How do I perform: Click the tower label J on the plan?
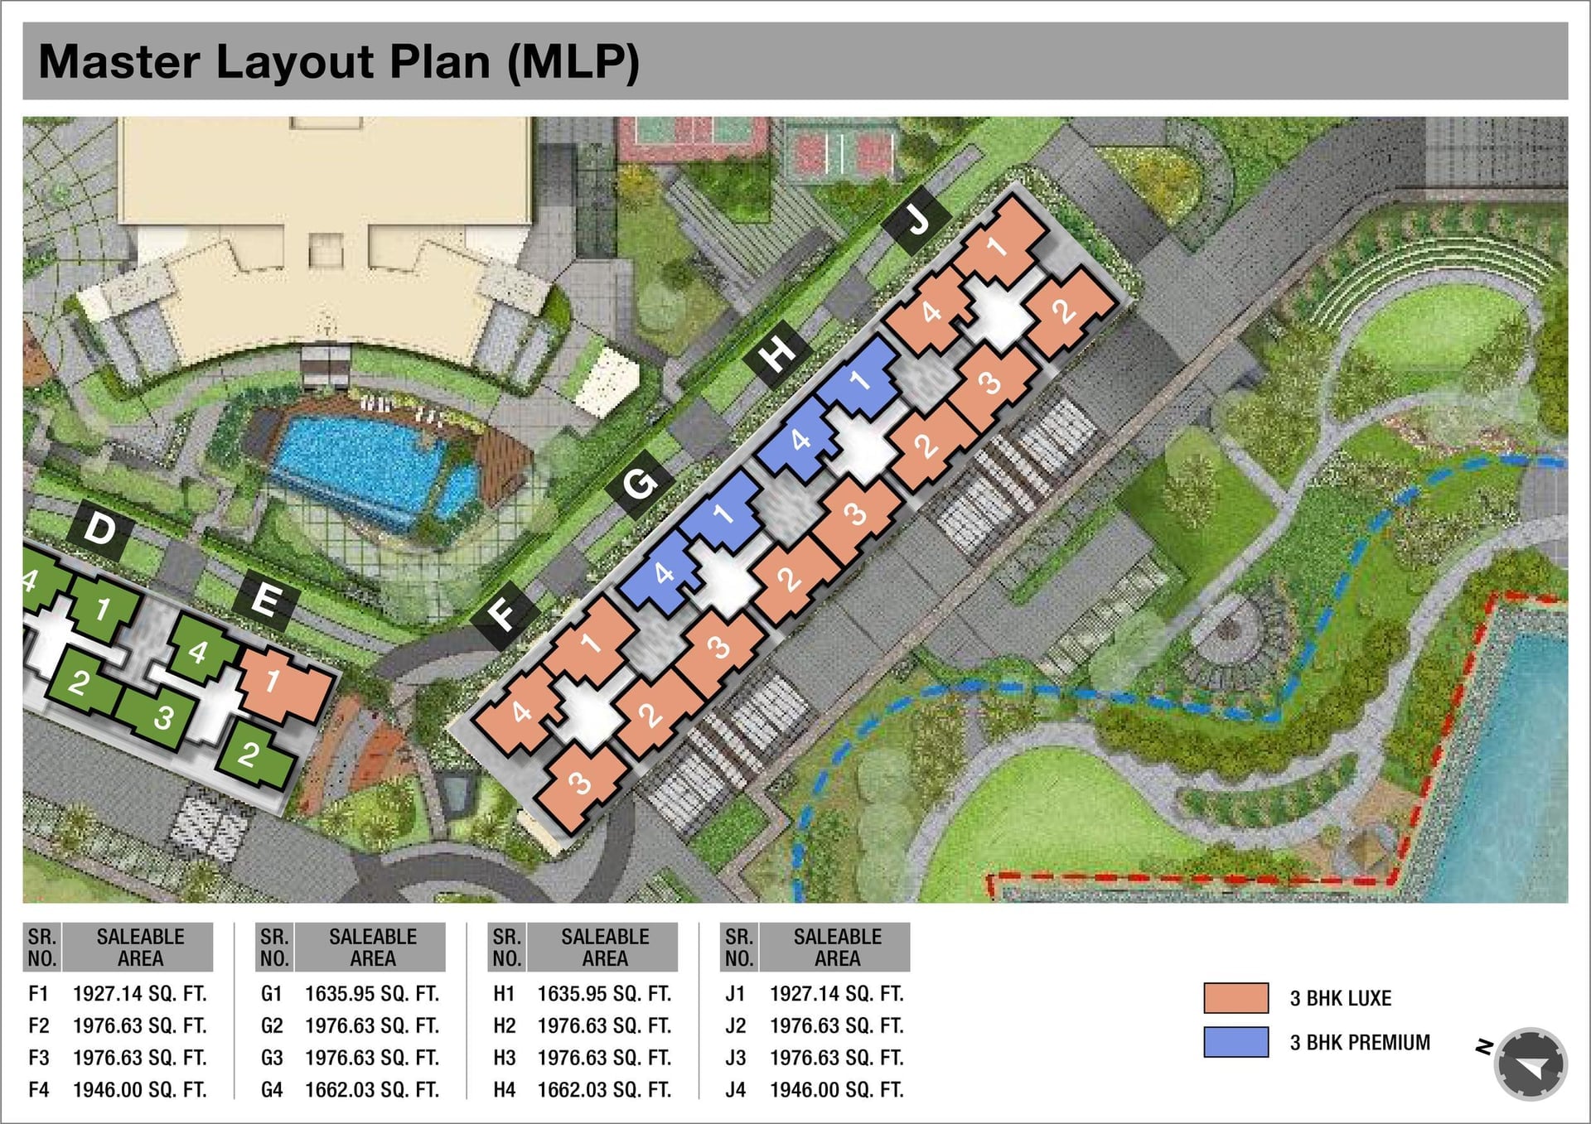[x=917, y=220]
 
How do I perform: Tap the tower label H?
[x=776, y=355]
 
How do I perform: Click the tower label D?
[x=100, y=528]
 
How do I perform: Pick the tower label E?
[x=265, y=599]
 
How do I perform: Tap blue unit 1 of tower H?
[x=860, y=380]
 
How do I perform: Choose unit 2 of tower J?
[x=1064, y=311]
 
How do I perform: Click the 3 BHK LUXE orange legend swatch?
[x=1236, y=998]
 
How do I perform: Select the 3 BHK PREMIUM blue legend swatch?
[x=1236, y=1042]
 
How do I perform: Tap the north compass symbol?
[x=1530, y=1064]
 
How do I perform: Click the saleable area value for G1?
[x=372, y=993]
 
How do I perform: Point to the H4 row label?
[x=504, y=1090]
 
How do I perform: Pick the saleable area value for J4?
[x=837, y=1090]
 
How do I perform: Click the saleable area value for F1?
[x=140, y=993]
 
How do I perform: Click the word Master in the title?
[x=119, y=62]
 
